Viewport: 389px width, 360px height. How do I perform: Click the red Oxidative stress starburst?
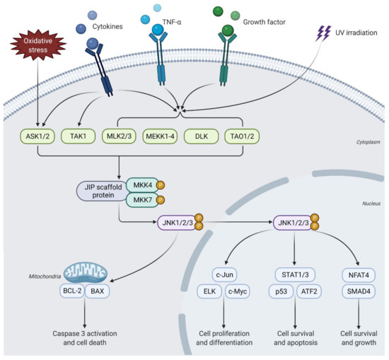(35, 54)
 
